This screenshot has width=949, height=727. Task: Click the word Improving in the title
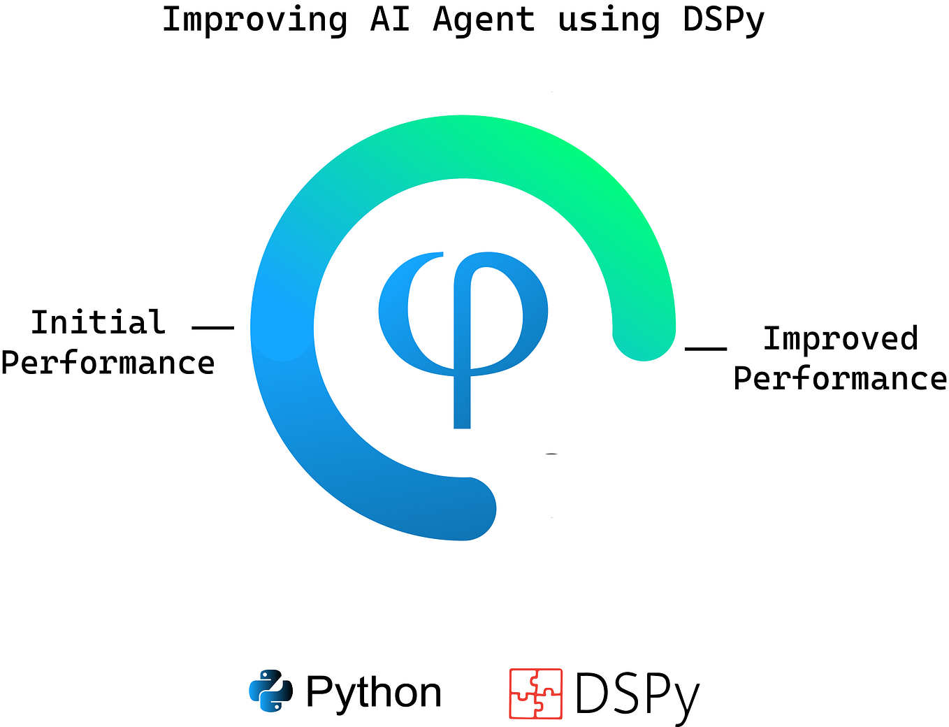pos(254,20)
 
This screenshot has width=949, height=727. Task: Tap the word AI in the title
pos(389,20)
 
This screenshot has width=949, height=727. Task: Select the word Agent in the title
pos(484,20)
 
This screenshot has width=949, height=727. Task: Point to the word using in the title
pos(608,20)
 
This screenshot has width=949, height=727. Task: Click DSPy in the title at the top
pos(723,20)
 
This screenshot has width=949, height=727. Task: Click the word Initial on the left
pos(98,322)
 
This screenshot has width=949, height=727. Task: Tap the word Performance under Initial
pos(108,363)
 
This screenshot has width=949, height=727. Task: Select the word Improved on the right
pos(840,338)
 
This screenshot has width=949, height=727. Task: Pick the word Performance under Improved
pos(840,378)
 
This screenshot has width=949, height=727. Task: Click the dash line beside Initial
pos(212,326)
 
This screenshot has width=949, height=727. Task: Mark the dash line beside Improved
pos(705,347)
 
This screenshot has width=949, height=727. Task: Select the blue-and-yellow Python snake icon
pos(270,691)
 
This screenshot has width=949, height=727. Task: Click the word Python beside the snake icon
pos(374,692)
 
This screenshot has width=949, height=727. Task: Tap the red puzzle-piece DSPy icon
pos(535,693)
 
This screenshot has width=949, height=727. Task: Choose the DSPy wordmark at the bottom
pos(637,694)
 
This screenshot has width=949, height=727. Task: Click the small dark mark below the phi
pos(551,454)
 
